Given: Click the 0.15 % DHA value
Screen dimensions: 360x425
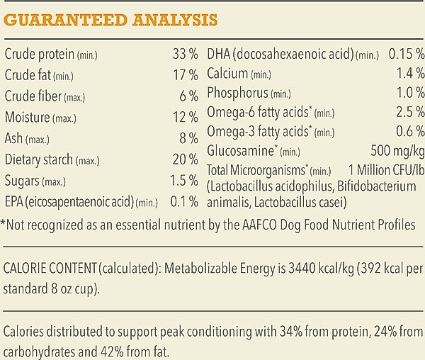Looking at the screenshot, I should tap(406, 55).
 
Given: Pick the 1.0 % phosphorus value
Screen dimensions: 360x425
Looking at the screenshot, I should tap(410, 93).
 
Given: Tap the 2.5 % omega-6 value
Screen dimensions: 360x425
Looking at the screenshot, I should tap(410, 112).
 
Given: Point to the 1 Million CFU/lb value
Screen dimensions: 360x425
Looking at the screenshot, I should tap(387, 170).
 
